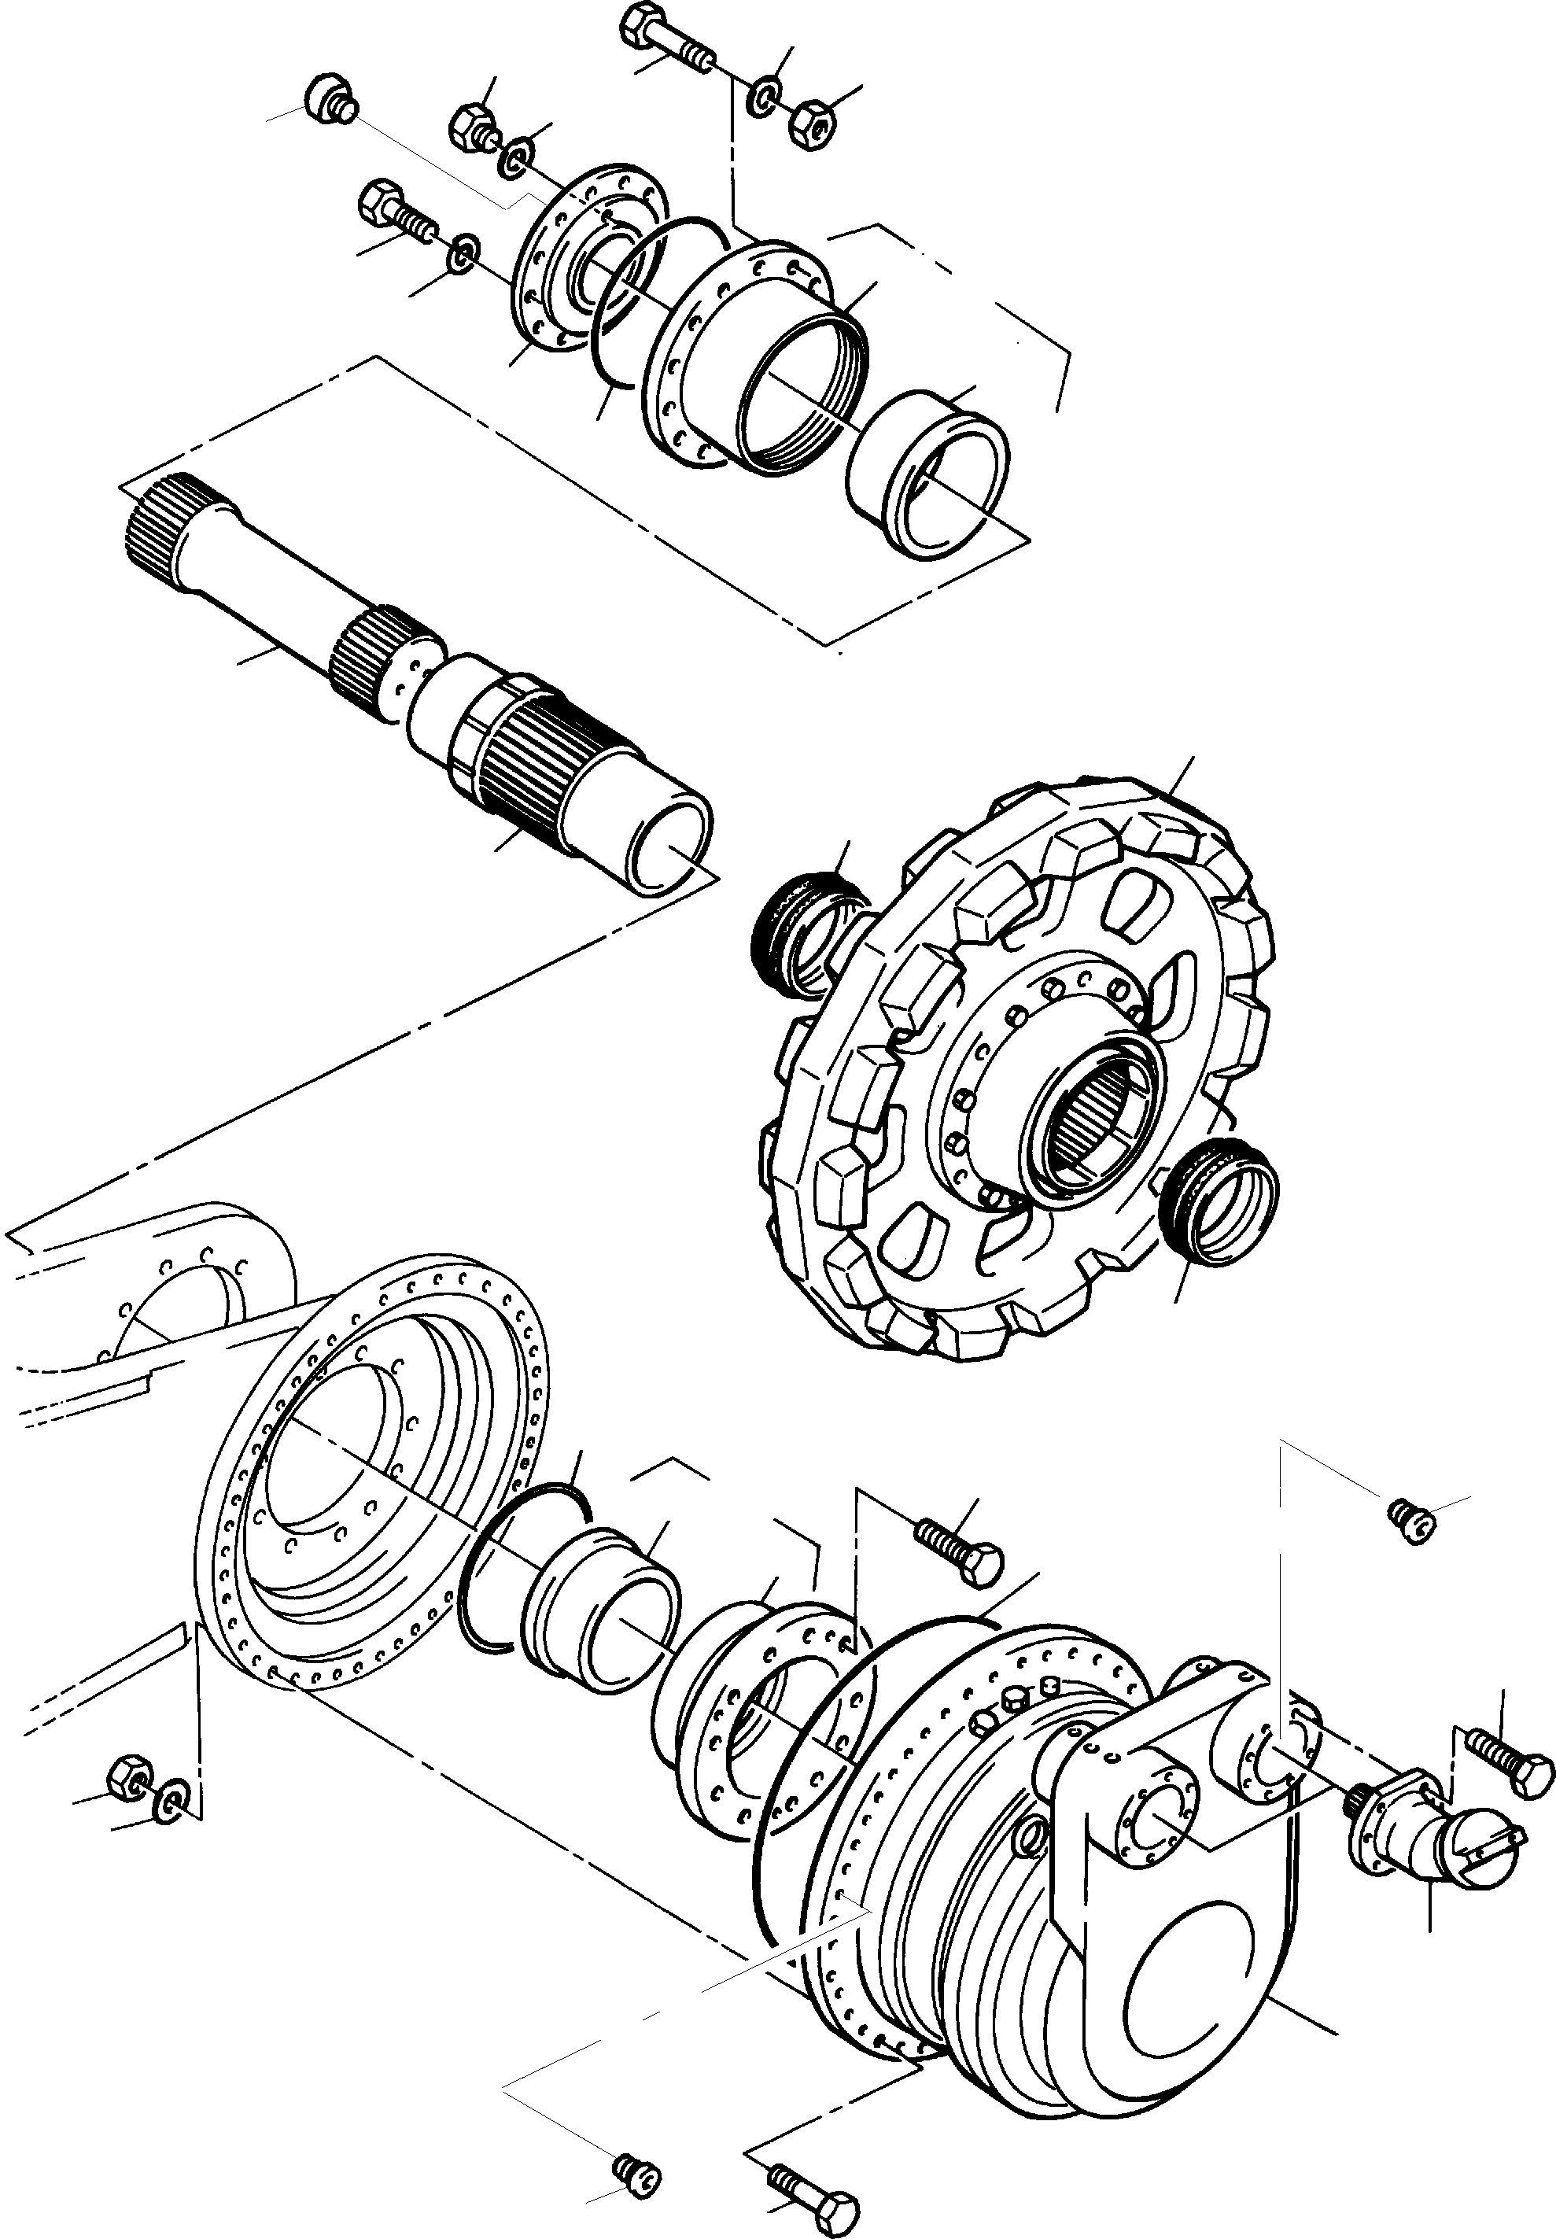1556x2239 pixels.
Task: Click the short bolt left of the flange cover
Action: [x=395, y=212]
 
